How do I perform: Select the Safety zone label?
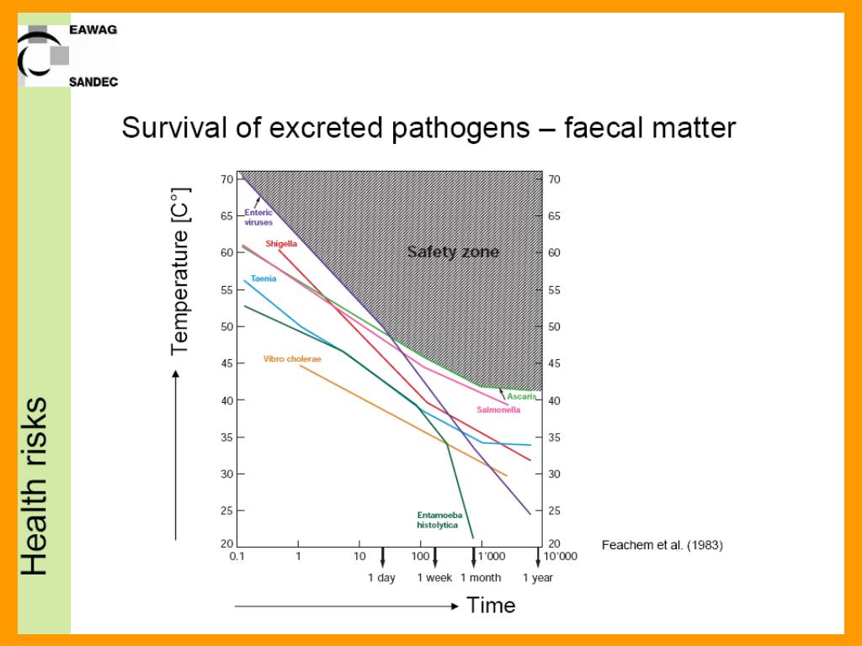[x=453, y=252]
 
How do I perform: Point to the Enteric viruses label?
[x=258, y=218]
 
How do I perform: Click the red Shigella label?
[x=281, y=243]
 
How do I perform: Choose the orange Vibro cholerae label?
[x=292, y=358]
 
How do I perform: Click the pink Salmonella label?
[x=498, y=410]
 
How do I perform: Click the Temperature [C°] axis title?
[x=179, y=271]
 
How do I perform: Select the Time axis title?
[x=491, y=605]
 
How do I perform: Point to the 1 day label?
[x=381, y=578]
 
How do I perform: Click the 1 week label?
[x=435, y=578]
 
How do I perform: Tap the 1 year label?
[x=537, y=578]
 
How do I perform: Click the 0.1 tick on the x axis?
[x=237, y=556]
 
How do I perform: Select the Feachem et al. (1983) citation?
[x=662, y=545]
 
